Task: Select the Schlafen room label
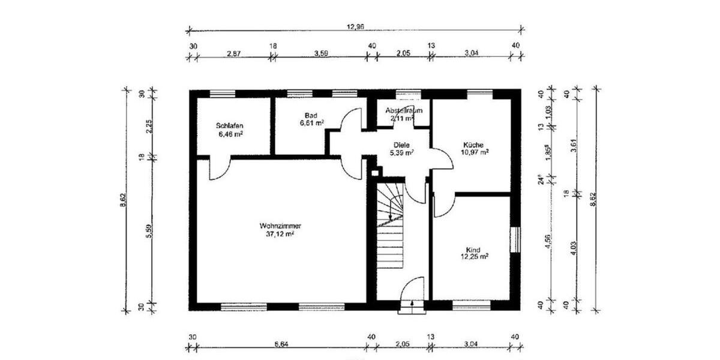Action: coord(229,126)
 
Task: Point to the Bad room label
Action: coord(311,115)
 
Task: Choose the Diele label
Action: coord(401,145)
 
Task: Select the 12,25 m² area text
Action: coord(473,257)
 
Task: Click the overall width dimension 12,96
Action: coord(356,26)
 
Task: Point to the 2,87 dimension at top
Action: coord(233,54)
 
